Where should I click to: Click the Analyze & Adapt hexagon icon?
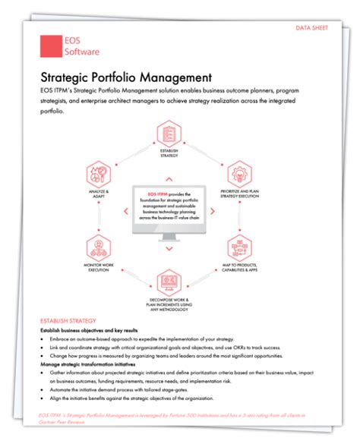pos(99,175)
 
